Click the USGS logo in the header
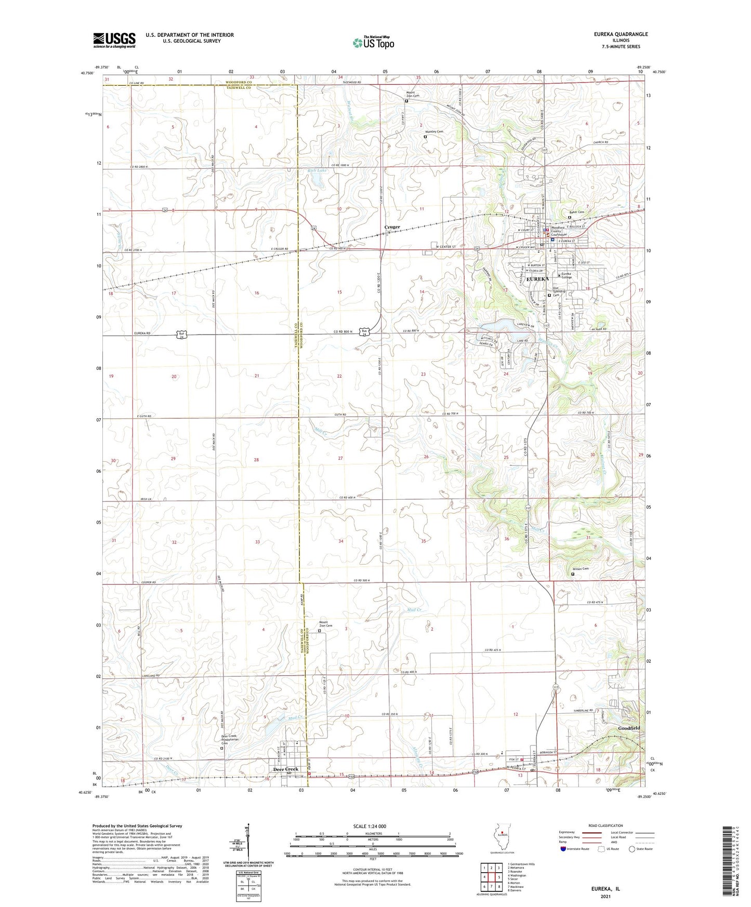point(114,39)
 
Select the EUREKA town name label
point(537,279)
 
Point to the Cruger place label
point(392,227)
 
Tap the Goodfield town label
point(629,728)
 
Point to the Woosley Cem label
point(434,132)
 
